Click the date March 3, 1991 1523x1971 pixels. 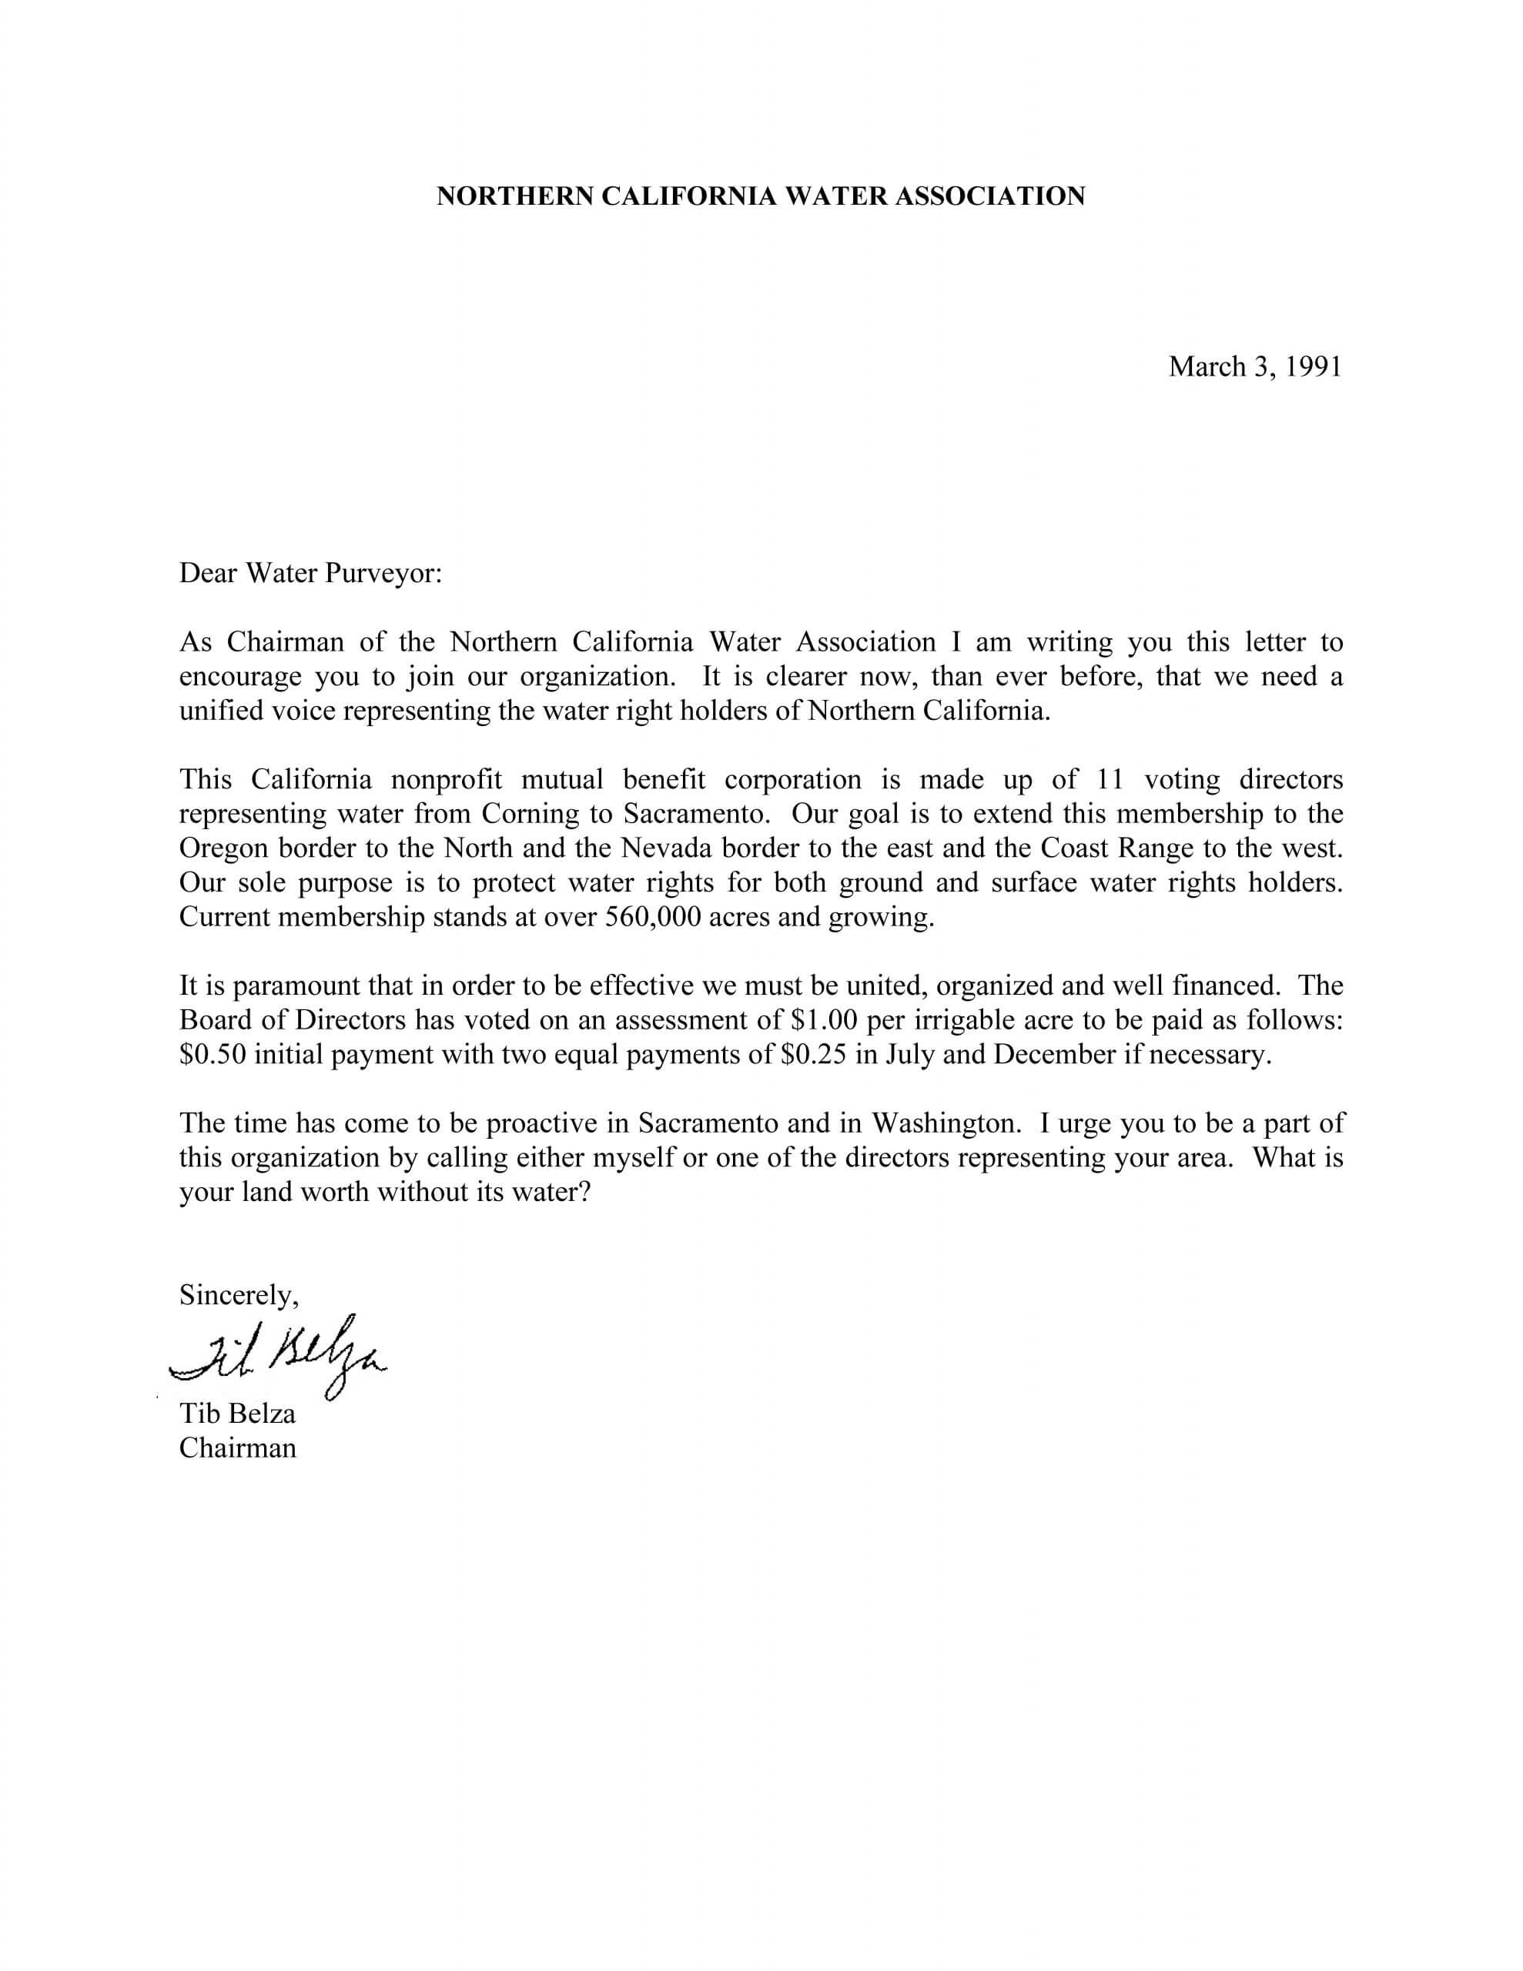click(1254, 366)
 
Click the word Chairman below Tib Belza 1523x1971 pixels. click(236, 1447)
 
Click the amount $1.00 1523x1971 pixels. click(822, 1020)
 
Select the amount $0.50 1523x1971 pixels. click(213, 1054)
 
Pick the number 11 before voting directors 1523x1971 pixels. click(1109, 779)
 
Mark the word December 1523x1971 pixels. click(1054, 1054)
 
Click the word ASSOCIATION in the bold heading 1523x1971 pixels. click(989, 196)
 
